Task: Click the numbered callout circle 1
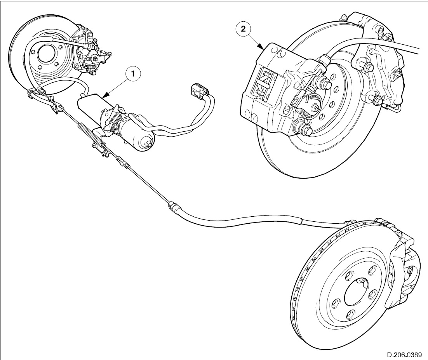[x=133, y=74]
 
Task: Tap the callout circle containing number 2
[x=243, y=29]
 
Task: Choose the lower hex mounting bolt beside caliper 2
[x=303, y=128]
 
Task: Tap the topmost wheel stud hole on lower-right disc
[x=372, y=270]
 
